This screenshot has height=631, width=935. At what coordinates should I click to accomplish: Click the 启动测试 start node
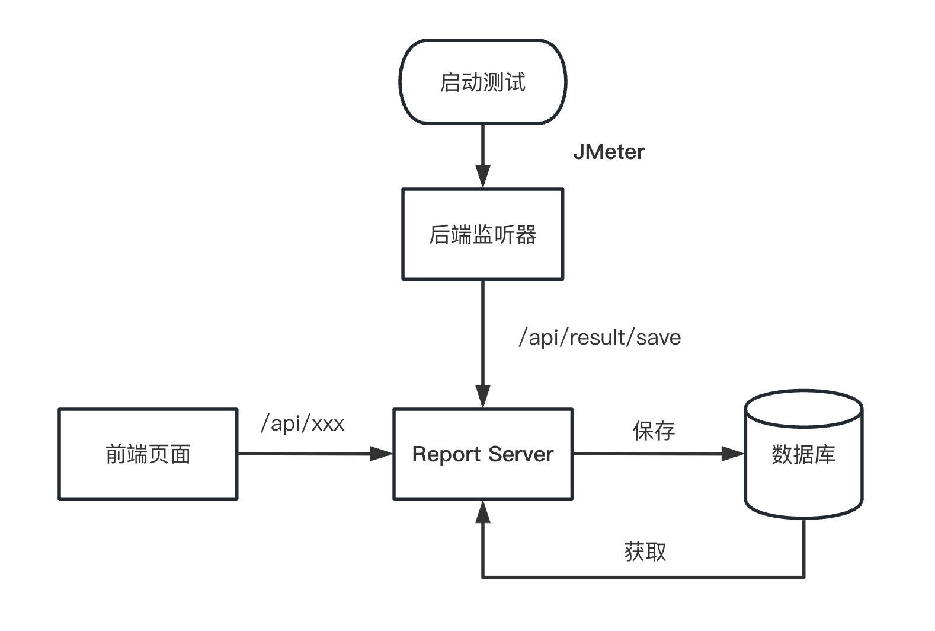point(482,82)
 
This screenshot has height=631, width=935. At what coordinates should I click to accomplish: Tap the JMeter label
point(609,152)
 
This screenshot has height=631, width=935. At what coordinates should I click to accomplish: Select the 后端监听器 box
point(482,234)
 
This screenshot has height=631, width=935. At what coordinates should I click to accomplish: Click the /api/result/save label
point(600,337)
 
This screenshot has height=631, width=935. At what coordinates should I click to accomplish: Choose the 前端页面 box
point(148,454)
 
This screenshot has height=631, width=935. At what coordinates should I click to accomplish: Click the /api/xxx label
point(302,423)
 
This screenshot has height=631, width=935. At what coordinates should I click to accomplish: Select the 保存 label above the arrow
point(654,431)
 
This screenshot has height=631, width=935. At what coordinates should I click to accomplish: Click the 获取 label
point(645,552)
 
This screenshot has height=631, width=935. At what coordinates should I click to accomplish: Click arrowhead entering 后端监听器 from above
point(483,177)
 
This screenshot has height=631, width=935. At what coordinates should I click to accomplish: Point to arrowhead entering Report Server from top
point(483,396)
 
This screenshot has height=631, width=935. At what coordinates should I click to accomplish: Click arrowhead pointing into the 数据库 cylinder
point(732,454)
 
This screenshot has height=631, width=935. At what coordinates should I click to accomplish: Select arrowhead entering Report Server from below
point(483,511)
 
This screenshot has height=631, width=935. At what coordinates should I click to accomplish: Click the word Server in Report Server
point(521,454)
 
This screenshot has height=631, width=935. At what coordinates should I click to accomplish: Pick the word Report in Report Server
point(446,454)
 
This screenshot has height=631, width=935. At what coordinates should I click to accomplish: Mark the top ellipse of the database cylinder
point(803,409)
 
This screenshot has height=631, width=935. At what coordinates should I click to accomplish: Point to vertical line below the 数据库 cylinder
point(803,549)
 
